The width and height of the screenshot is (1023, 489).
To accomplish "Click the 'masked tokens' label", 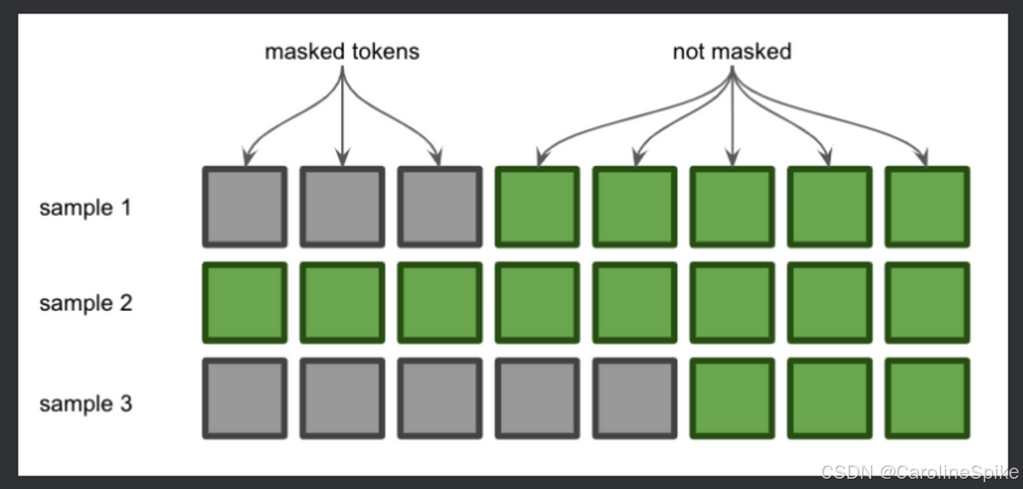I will pyautogui.click(x=342, y=51).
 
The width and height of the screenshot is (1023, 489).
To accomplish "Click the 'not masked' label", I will pyautogui.click(x=731, y=51).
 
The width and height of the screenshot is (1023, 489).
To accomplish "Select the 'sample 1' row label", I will pyautogui.click(x=85, y=207).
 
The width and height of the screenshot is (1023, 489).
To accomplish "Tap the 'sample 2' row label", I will pyautogui.click(x=85, y=303).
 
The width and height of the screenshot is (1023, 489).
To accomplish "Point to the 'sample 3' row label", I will pyautogui.click(x=85, y=402).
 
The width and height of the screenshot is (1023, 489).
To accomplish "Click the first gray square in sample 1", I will pyautogui.click(x=244, y=207).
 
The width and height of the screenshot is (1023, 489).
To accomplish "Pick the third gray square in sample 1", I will pyautogui.click(x=439, y=207).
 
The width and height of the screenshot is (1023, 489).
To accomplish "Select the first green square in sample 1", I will pyautogui.click(x=537, y=207).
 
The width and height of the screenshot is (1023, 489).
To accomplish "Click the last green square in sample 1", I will pyautogui.click(x=928, y=207).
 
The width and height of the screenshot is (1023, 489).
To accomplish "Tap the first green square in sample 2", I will pyautogui.click(x=244, y=303).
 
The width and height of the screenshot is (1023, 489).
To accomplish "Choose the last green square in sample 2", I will pyautogui.click(x=928, y=303).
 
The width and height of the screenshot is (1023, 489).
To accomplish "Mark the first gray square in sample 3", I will pyautogui.click(x=244, y=399).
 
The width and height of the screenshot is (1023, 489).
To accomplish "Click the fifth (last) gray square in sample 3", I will pyautogui.click(x=634, y=399).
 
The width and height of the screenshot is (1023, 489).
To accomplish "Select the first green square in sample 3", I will pyautogui.click(x=731, y=399).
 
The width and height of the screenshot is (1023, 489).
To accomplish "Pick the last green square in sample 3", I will pyautogui.click(x=928, y=399).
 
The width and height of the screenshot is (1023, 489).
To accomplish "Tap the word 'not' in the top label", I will pyautogui.click(x=688, y=51).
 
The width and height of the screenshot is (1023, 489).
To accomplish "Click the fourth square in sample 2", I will pyautogui.click(x=537, y=303).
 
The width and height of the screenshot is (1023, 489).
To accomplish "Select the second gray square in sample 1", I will pyautogui.click(x=342, y=207).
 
